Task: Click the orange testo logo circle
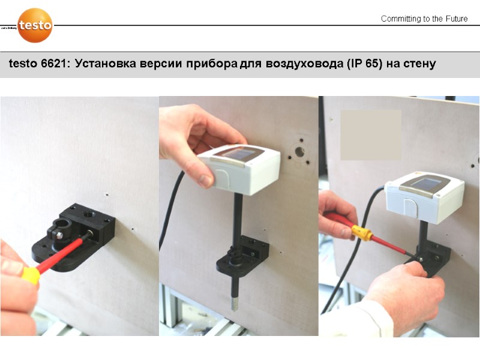35,25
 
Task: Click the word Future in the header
454,19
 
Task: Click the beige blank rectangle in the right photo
370,134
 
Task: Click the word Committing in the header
401,19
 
